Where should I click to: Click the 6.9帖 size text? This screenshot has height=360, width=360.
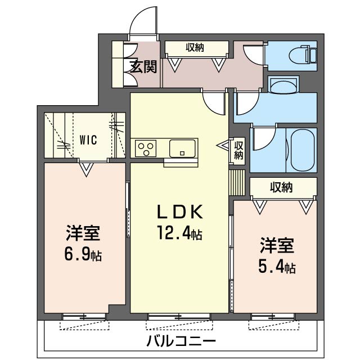pyautogui.click(x=83, y=254)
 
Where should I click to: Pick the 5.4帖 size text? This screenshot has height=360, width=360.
pyautogui.click(x=277, y=267)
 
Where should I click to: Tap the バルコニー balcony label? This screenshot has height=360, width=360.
pyautogui.click(x=181, y=341)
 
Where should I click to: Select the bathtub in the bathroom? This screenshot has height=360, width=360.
pyautogui.click(x=301, y=150)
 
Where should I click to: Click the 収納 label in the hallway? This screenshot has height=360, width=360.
pyautogui.click(x=196, y=48)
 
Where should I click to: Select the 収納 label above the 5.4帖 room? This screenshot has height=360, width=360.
pyautogui.click(x=281, y=187)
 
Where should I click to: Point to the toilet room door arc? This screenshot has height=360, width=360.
pyautogui.click(x=254, y=53)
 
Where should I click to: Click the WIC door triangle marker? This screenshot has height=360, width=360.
pyautogui.click(x=86, y=168)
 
